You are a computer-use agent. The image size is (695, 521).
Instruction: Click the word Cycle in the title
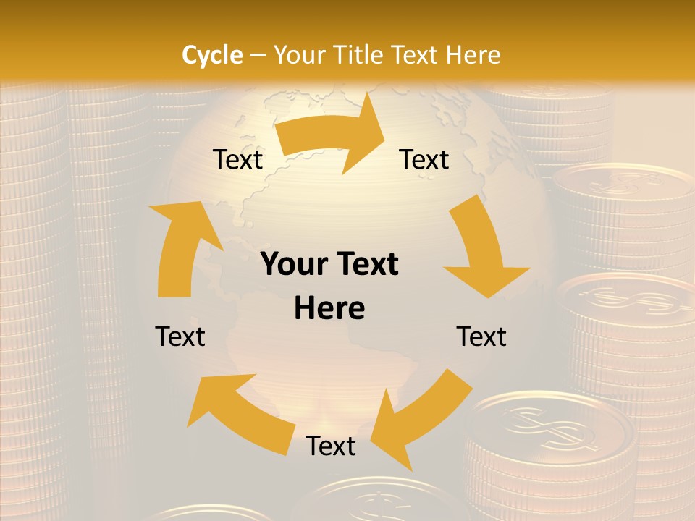(x=212, y=55)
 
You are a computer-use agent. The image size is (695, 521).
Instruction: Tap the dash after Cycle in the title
(x=258, y=55)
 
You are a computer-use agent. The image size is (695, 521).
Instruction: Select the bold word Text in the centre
(x=369, y=265)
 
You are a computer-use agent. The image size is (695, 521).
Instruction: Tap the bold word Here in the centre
(x=329, y=309)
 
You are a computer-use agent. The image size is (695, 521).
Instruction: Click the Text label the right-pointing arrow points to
(x=424, y=160)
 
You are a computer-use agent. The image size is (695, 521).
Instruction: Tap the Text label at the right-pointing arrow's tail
(x=237, y=160)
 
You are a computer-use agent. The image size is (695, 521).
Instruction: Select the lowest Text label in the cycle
(x=331, y=446)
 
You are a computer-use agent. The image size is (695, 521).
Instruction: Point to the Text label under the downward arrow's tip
(x=481, y=336)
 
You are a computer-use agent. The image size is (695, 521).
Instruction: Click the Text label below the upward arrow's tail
(x=180, y=336)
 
